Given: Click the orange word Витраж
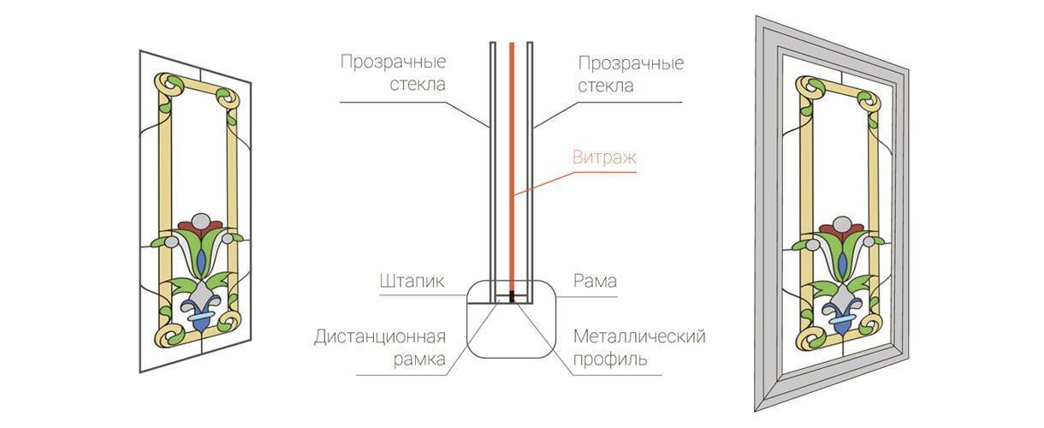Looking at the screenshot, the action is tap(604, 158).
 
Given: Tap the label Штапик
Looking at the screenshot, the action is tap(412, 281).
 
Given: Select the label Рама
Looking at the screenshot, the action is tap(596, 281).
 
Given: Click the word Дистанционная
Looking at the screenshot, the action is tap(380, 336).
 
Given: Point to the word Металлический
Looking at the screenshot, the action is tap(639, 336).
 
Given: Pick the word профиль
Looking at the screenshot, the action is tap(610, 360).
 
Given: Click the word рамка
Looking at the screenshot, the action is tap(419, 360).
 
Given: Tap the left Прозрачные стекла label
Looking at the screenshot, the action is tap(394, 74).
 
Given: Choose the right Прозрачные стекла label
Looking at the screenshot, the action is tap(631, 74).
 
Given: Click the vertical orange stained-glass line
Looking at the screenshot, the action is tap(511, 169).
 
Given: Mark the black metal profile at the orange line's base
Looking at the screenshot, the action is tap(511, 297).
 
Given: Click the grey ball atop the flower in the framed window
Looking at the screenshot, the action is tap(841, 225).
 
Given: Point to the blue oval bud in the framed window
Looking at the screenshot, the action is tap(841, 265).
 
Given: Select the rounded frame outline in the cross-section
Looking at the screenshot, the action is tap(512, 319).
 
